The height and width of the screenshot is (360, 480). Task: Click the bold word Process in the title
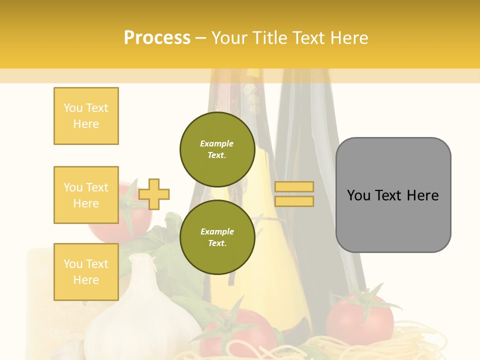coord(157,38)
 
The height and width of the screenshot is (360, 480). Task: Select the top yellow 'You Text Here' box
coord(86,116)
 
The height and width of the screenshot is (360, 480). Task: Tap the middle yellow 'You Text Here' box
coord(86,195)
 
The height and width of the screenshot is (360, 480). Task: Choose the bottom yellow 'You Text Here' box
coord(86,272)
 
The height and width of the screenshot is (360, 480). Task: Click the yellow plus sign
coord(154,194)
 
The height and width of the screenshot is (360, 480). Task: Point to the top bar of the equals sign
coord(294,187)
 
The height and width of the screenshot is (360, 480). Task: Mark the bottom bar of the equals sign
coord(294,201)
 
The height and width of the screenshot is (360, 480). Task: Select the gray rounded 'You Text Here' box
coord(393,195)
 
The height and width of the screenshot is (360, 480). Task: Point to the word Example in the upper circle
coord(217,144)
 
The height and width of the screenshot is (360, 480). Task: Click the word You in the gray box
coord(358,195)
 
